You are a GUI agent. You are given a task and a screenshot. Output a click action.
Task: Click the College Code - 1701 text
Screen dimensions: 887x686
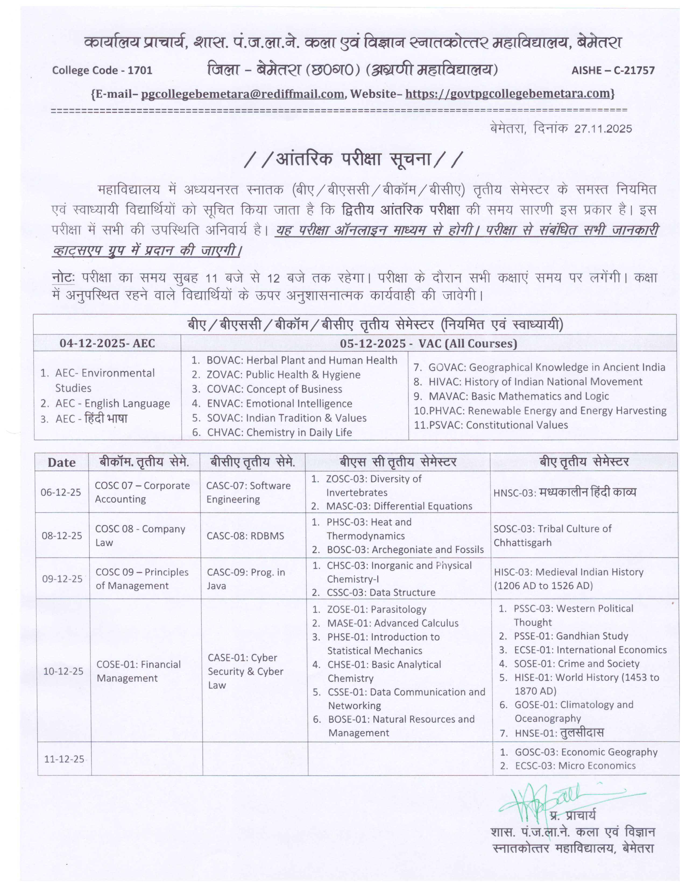102,70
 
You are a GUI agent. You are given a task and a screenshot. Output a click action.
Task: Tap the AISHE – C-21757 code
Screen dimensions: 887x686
613,70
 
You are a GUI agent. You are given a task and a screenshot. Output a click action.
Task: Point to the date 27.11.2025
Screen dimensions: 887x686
603,129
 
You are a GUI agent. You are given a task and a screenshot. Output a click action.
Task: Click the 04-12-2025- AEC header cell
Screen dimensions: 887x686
107,343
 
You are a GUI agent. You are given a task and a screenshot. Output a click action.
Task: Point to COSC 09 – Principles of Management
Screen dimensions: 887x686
142,579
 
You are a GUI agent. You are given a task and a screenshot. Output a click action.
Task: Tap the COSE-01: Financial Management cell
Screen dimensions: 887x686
138,671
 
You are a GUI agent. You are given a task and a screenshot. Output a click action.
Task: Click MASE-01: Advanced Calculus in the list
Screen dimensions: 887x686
392,623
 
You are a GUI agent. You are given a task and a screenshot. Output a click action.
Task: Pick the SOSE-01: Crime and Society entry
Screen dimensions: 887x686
576,664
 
